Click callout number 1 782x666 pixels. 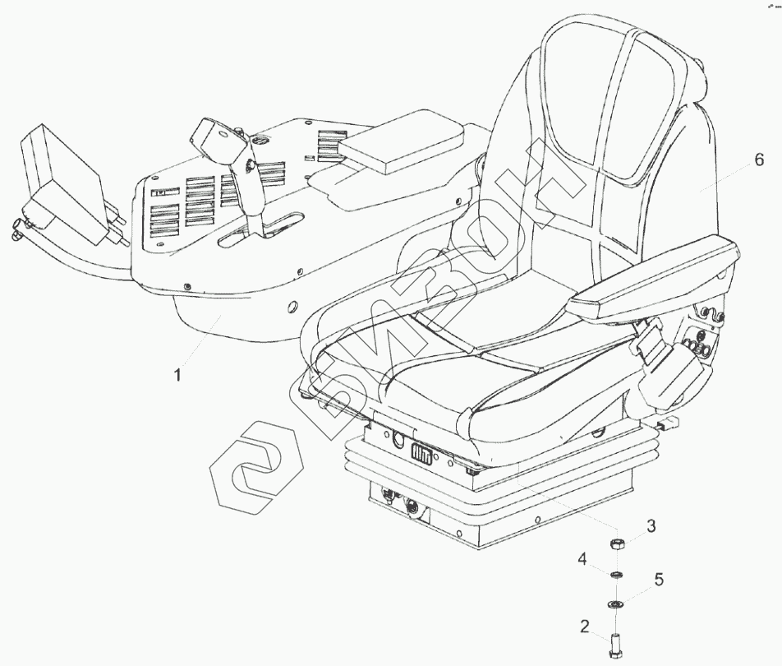click(x=177, y=376)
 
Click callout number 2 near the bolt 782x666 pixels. click(x=584, y=627)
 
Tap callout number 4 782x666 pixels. click(x=582, y=560)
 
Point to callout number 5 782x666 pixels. click(x=658, y=580)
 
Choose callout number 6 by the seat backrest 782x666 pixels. click(x=758, y=160)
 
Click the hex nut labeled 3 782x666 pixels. click(x=617, y=543)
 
